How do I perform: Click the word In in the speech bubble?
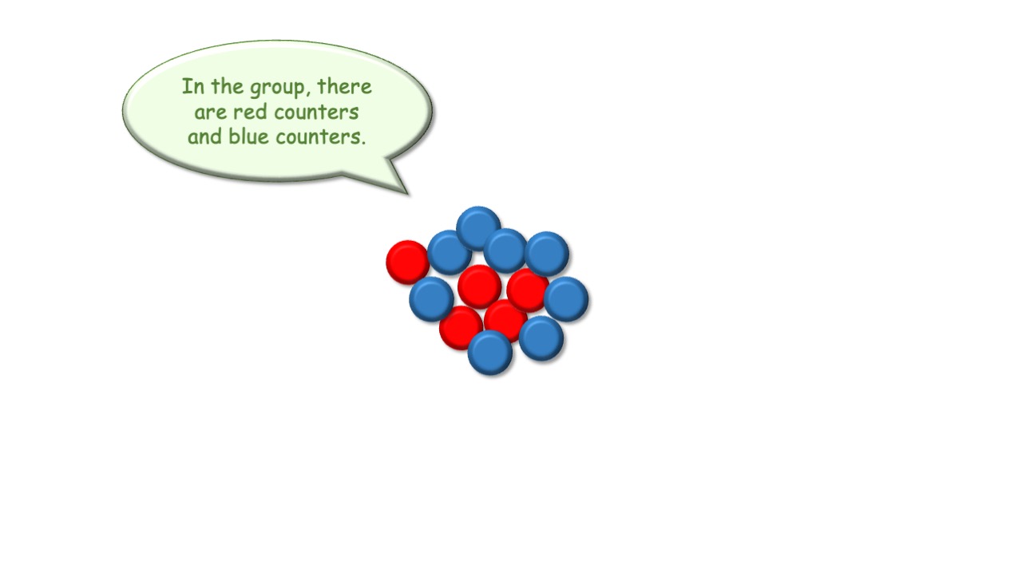(x=192, y=86)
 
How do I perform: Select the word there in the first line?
(x=345, y=86)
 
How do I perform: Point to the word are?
(x=210, y=112)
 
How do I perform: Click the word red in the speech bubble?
(x=250, y=111)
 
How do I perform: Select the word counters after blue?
(x=318, y=137)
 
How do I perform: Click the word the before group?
(x=228, y=86)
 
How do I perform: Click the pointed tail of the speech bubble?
(x=408, y=194)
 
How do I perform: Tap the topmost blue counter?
(x=478, y=228)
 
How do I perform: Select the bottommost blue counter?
(x=490, y=353)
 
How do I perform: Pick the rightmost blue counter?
(x=566, y=299)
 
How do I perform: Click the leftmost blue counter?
(x=431, y=299)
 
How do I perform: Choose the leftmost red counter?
(x=408, y=262)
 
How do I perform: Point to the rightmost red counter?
(x=528, y=290)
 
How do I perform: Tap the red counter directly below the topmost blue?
(x=479, y=287)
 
